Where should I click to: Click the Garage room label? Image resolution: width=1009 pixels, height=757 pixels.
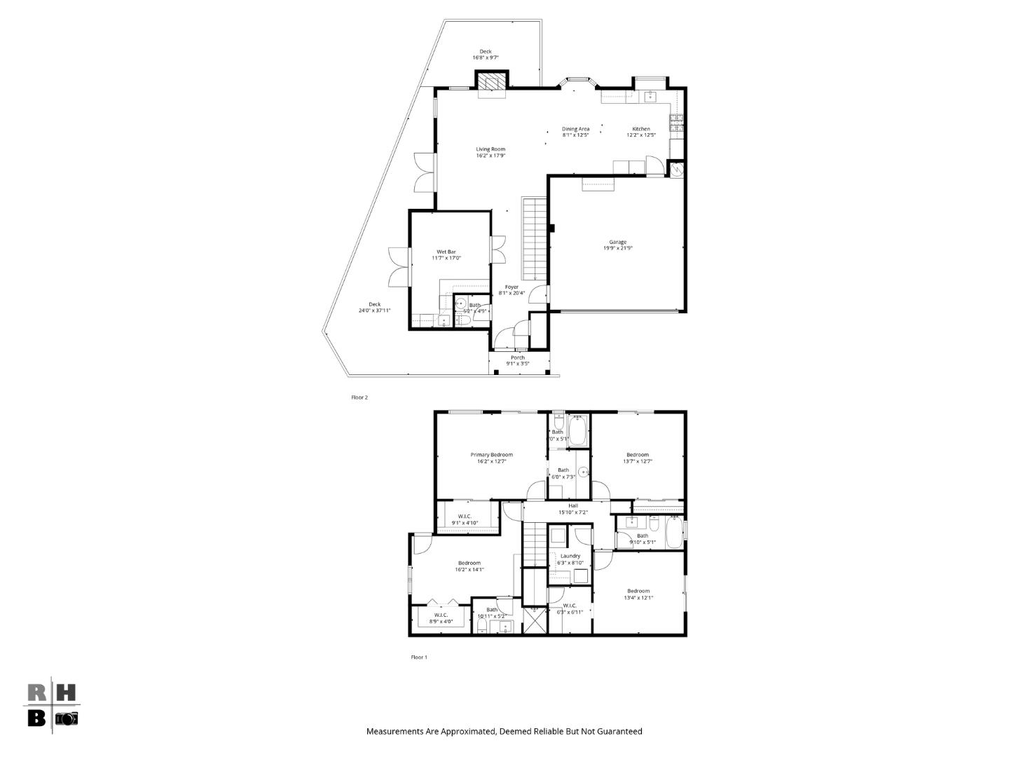click(617, 243)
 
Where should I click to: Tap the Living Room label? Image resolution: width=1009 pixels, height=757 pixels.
click(490, 149)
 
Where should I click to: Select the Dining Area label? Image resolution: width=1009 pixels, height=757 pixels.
click(575, 129)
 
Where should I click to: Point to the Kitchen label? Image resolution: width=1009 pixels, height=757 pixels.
click(641, 129)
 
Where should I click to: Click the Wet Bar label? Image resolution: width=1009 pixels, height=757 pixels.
click(446, 252)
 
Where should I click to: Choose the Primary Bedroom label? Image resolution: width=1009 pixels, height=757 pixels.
click(491, 455)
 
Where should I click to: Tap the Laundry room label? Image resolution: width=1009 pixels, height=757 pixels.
click(570, 556)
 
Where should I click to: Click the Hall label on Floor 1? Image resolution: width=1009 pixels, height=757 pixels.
click(573, 506)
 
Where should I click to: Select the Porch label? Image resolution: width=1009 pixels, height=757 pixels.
click(518, 358)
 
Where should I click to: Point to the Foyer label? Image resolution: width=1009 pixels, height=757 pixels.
click(512, 287)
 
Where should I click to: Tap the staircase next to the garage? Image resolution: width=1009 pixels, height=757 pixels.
click(533, 238)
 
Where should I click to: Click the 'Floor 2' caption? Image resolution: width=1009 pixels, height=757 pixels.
click(359, 397)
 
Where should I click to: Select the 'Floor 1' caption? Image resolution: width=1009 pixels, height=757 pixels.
click(418, 657)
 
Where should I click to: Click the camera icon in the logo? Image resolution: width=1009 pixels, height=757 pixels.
click(67, 718)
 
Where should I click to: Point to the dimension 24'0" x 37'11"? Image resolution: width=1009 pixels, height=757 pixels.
click(374, 311)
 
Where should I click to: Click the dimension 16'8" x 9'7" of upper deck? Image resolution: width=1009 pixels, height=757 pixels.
click(485, 57)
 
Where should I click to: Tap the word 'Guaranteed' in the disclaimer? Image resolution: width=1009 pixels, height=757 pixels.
click(619, 732)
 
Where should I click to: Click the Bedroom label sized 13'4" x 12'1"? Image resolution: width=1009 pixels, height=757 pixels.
click(638, 591)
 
